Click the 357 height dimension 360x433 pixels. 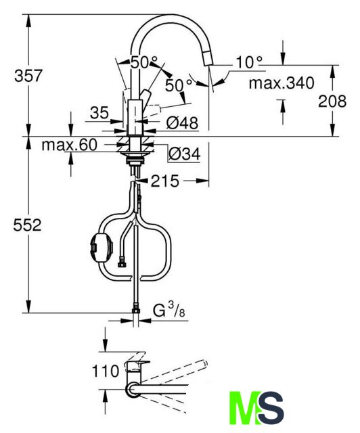coord(28,76)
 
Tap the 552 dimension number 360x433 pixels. coord(27,225)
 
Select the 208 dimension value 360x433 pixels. coord(332,101)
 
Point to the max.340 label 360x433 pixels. coord(282,83)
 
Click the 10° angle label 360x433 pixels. coord(248,62)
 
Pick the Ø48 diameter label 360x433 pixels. coord(182,123)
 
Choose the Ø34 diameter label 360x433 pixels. coord(184,154)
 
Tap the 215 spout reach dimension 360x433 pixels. coord(164,181)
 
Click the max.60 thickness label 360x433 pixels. coord(69,144)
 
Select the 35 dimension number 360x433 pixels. coord(99,113)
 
